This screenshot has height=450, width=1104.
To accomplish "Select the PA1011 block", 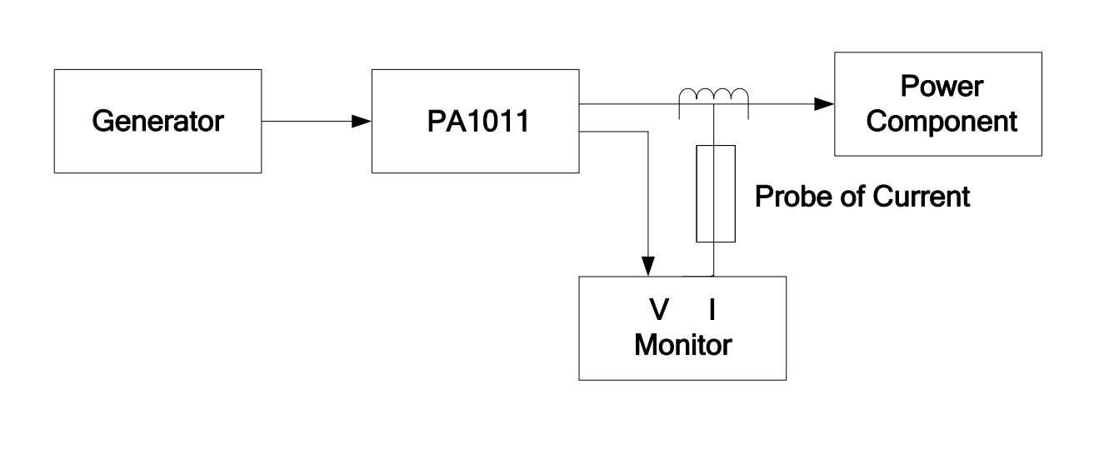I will (475, 150).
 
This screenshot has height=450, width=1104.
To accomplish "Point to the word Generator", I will (157, 122).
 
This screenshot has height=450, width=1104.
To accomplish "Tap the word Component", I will (947, 122).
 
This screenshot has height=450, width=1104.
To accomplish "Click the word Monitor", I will (682, 344).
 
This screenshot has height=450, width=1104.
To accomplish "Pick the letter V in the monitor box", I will (659, 310).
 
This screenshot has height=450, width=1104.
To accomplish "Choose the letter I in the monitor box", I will (712, 310).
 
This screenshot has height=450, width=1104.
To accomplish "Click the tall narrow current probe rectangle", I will (716, 193).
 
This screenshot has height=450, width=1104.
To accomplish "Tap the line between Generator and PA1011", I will (308, 122).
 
